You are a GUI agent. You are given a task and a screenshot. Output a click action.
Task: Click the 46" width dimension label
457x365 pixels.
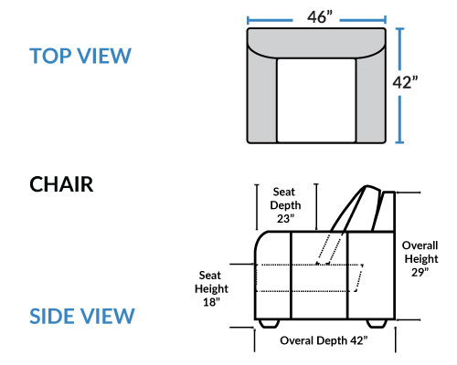point(320,17)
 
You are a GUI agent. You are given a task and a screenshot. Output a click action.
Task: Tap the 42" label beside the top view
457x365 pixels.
point(405,82)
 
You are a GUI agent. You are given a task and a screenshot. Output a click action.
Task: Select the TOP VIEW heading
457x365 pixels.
point(80,56)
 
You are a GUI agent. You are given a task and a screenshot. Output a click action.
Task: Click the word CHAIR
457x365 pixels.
point(61,184)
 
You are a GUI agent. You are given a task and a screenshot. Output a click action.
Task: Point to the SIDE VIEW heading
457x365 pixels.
point(82,316)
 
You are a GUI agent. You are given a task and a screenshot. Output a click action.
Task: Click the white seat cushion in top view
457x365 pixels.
point(316,100)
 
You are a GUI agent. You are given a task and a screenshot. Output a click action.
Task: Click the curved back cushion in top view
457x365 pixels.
point(316,43)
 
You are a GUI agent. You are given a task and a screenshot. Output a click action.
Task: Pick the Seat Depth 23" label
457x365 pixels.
point(285,205)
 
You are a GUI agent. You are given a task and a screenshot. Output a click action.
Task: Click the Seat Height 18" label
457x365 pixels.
point(211,288)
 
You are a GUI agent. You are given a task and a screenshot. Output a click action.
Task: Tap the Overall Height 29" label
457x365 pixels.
point(420,259)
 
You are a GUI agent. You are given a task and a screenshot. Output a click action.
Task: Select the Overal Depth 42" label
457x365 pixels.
point(324,340)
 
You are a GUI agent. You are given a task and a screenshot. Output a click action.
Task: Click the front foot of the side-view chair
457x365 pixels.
point(269,324)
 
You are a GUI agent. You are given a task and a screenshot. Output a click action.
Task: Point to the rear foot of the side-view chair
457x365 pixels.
point(377,324)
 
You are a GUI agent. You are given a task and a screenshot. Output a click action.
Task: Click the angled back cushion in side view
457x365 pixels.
point(356,210)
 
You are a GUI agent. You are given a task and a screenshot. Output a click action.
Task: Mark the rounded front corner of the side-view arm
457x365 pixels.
point(260,238)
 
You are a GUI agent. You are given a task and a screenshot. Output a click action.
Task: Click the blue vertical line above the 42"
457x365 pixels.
point(399,48)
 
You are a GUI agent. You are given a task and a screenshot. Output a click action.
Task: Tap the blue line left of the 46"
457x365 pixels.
point(270,21)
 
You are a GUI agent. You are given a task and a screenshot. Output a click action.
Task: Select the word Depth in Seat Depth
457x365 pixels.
point(285,205)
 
